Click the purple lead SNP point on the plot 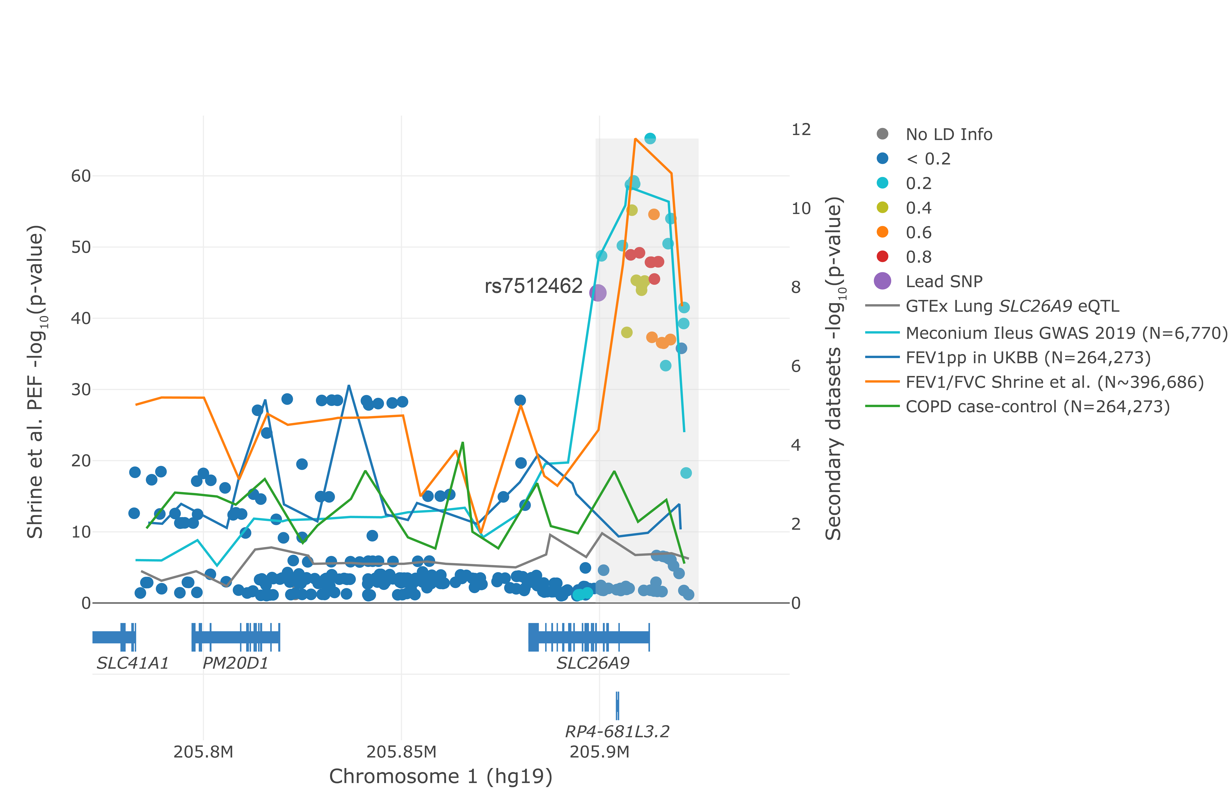point(598,293)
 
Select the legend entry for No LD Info point(948,134)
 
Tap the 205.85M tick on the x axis point(402,752)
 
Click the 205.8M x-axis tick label point(203,752)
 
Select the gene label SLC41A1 point(133,663)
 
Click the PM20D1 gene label point(236,663)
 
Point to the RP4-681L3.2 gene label point(617,731)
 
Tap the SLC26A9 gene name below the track point(593,663)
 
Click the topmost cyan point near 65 point(650,138)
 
